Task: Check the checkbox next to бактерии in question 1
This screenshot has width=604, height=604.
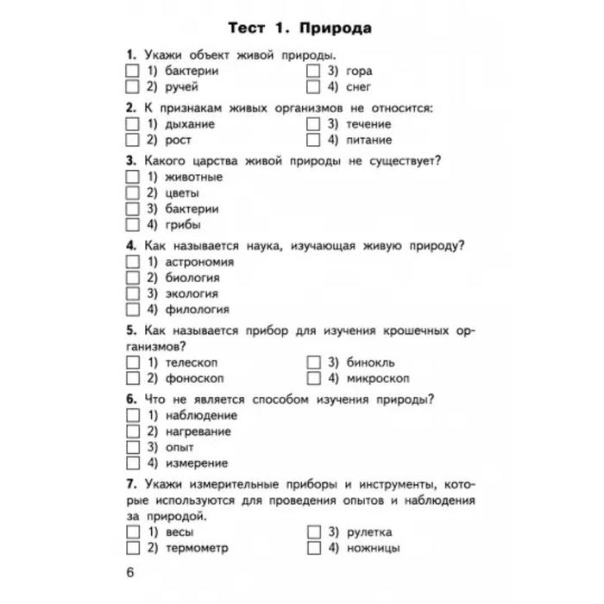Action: pos(132,71)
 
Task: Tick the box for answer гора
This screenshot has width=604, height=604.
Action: pos(314,71)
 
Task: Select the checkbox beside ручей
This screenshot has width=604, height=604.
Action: pos(132,86)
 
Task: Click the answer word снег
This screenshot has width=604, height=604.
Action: pos(359,86)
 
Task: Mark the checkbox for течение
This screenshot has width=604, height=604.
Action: pos(314,123)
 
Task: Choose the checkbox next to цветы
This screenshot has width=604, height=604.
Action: pos(132,192)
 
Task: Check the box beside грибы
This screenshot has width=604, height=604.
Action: pos(132,224)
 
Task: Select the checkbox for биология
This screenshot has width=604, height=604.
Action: pos(132,278)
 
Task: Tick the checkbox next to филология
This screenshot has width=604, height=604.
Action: pos(132,309)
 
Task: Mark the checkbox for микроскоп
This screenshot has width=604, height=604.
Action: pos(314,378)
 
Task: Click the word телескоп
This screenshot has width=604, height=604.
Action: pos(194,362)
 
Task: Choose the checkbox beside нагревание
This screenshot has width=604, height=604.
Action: pos(132,431)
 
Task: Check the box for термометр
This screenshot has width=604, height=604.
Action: pos(132,548)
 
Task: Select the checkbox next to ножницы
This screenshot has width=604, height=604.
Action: pos(314,548)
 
